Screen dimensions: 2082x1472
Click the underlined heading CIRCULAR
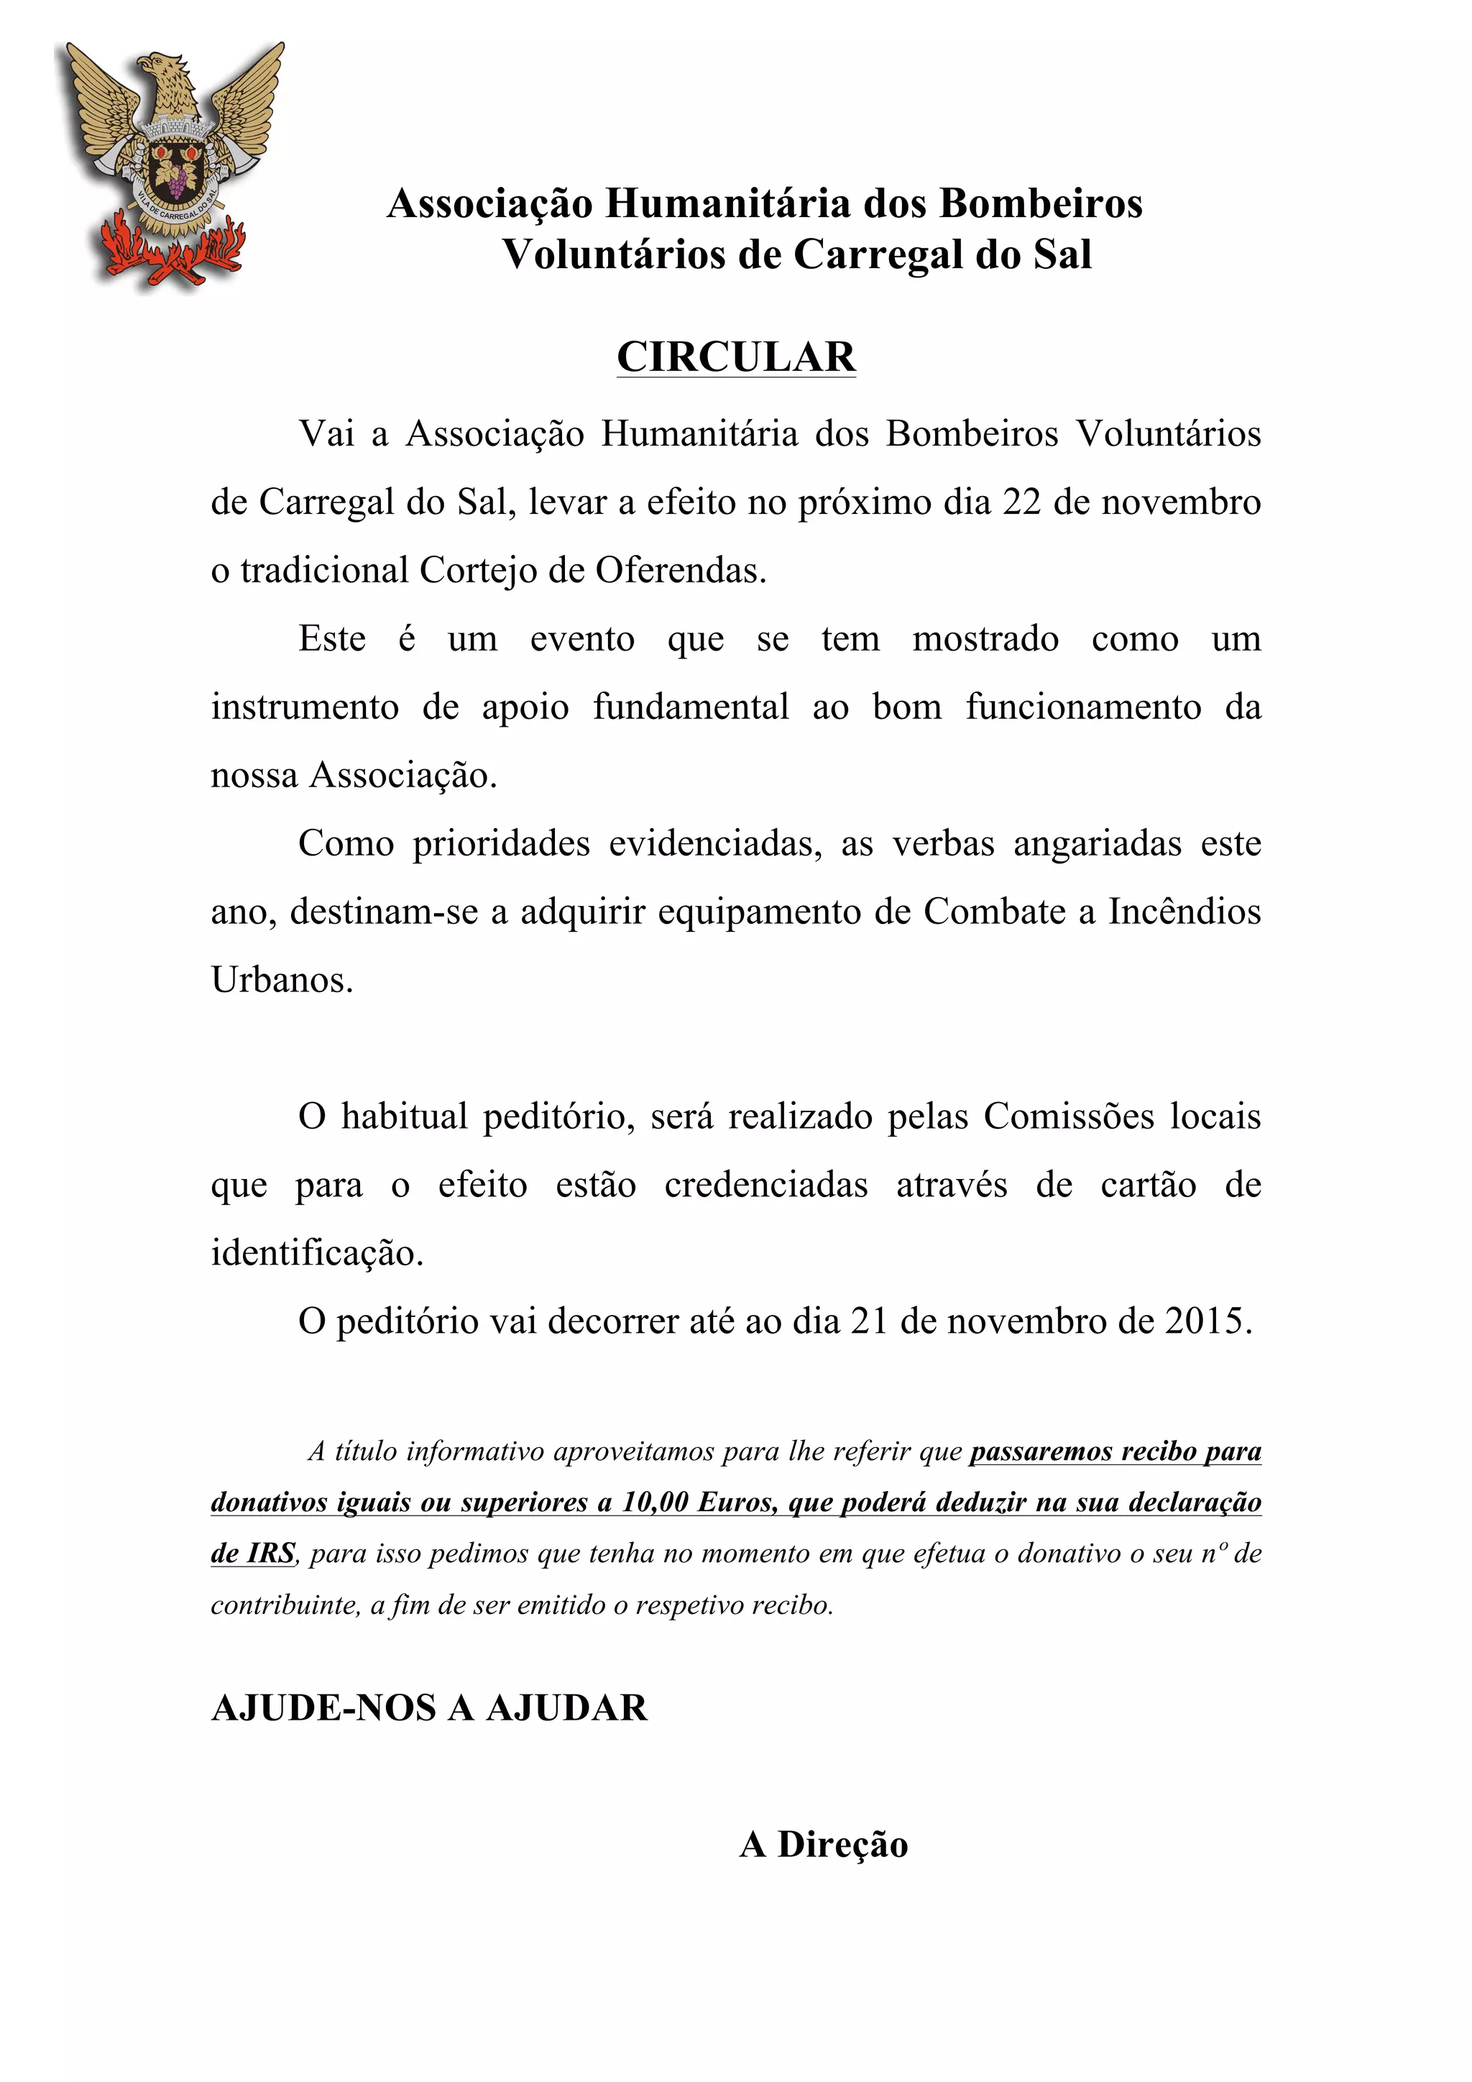(x=736, y=357)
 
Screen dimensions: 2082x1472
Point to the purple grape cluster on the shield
(x=175, y=180)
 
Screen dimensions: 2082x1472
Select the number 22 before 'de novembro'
(x=1021, y=503)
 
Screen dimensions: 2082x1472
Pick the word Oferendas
(x=680, y=570)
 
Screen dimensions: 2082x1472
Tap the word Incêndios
(x=1184, y=912)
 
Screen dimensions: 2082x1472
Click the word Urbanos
(x=281, y=979)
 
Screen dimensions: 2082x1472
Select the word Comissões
(x=1069, y=1116)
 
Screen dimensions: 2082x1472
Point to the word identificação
(x=316, y=1253)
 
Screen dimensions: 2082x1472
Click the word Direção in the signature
(x=842, y=1845)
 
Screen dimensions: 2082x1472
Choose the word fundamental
(x=691, y=707)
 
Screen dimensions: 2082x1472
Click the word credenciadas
(x=766, y=1186)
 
